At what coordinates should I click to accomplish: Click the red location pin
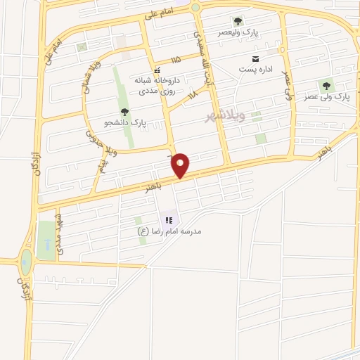(x=181, y=165)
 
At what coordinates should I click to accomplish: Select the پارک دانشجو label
(x=125, y=122)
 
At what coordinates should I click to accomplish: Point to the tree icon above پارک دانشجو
(x=124, y=111)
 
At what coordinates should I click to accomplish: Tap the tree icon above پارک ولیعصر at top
(x=237, y=21)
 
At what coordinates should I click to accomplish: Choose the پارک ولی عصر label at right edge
(x=328, y=96)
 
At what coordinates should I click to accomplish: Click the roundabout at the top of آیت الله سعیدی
(x=195, y=7)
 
